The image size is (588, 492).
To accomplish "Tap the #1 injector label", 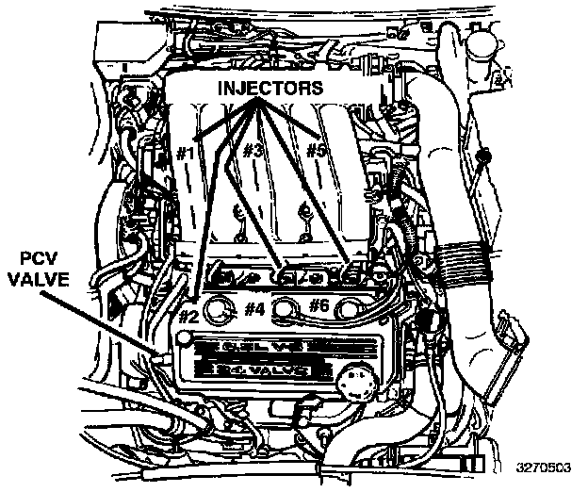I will pyautogui.click(x=185, y=152).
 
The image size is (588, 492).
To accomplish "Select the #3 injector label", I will pyautogui.click(x=252, y=151).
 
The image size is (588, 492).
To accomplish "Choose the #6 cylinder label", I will pyautogui.click(x=320, y=304).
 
